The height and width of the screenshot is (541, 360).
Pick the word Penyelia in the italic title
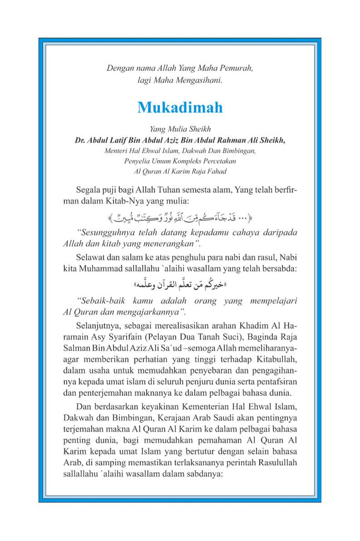click(x=139, y=161)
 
